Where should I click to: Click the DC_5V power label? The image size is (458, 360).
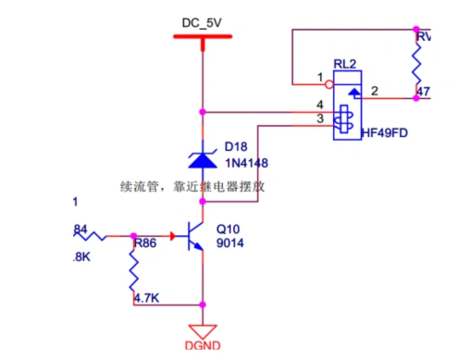tap(202, 20)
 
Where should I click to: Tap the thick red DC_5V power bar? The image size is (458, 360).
tap(202, 37)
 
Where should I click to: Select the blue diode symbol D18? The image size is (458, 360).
tap(202, 158)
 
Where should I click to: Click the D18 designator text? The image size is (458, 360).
tap(237, 148)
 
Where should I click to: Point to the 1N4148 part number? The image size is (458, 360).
tap(245, 164)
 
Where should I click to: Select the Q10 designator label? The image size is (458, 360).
tap(228, 228)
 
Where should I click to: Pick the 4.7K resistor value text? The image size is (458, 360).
tap(148, 299)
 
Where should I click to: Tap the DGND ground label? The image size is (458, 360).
tap(202, 349)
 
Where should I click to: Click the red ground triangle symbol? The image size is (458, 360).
tap(202, 331)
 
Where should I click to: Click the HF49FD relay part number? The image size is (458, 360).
tap(386, 133)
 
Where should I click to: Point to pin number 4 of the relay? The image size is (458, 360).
tap(319, 105)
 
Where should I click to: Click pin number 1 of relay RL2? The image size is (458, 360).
tap(319, 77)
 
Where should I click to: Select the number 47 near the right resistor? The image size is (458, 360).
tap(424, 92)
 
